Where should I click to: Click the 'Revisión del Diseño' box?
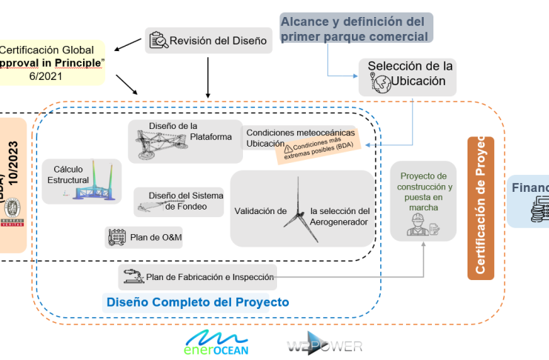[208, 41]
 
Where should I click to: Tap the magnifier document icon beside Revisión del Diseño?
[158, 41]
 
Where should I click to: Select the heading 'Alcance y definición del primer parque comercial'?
[354, 28]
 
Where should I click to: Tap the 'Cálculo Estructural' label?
[67, 175]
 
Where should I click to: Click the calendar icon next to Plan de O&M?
[117, 237]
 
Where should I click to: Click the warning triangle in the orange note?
[288, 149]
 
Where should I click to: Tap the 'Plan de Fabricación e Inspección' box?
[200, 278]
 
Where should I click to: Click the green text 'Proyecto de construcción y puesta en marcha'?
[423, 192]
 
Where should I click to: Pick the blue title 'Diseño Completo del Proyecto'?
[198, 302]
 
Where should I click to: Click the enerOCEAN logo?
[217, 343]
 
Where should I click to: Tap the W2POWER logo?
[325, 346]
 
